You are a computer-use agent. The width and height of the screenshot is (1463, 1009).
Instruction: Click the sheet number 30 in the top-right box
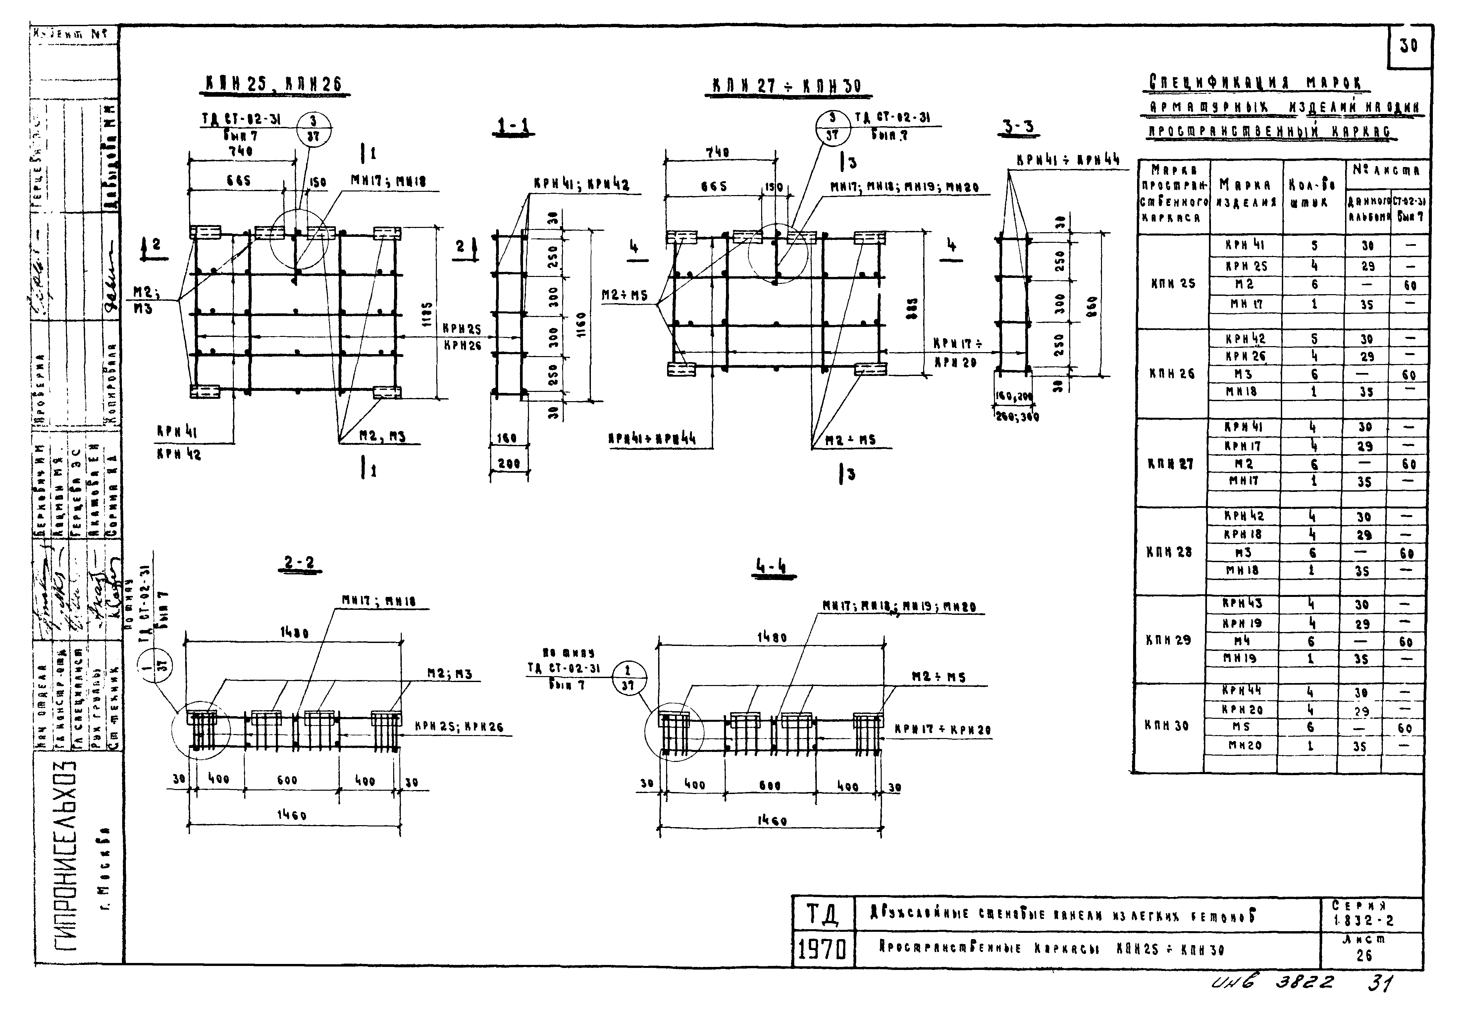(x=1409, y=46)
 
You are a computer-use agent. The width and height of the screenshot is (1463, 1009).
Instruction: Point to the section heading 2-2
(x=299, y=563)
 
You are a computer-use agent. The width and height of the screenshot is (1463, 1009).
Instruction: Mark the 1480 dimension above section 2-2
(x=294, y=633)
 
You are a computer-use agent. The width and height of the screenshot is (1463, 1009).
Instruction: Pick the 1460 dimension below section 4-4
(x=772, y=821)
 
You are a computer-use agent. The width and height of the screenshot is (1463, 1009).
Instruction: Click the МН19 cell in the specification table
(x=1239, y=658)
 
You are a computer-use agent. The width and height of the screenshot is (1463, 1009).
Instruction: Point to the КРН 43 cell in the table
(x=1242, y=604)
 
